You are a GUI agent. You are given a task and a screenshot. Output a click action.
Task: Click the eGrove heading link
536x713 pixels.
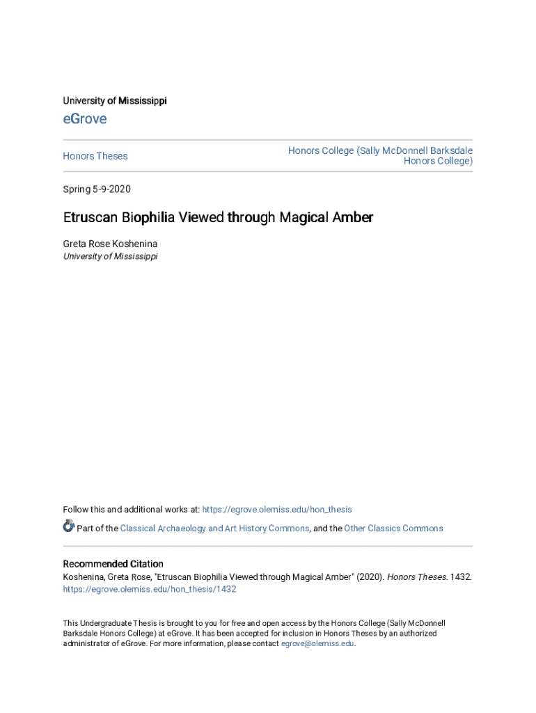(x=85, y=119)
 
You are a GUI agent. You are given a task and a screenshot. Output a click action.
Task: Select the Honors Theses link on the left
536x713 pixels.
(x=95, y=156)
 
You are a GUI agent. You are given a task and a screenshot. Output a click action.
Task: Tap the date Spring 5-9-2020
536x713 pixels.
(x=97, y=189)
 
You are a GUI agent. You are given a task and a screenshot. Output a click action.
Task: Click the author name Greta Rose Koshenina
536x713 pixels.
(x=111, y=244)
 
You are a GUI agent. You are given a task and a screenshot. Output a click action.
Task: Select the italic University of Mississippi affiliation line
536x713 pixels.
(x=110, y=256)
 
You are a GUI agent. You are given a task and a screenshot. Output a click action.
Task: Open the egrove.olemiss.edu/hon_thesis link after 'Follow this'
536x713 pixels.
(x=276, y=510)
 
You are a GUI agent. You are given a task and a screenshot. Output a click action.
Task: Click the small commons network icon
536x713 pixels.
(x=68, y=526)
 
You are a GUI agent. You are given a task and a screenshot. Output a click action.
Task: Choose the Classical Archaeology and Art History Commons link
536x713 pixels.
(x=214, y=528)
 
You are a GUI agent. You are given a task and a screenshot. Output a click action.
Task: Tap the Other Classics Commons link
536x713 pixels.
(x=393, y=528)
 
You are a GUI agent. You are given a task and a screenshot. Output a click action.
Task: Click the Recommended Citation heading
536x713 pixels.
(x=113, y=564)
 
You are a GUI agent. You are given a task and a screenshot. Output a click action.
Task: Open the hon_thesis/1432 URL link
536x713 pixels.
(x=150, y=589)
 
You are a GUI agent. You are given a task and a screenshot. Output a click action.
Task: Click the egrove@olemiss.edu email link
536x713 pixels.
(x=317, y=644)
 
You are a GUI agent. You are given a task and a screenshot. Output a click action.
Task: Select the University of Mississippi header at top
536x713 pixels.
(x=115, y=101)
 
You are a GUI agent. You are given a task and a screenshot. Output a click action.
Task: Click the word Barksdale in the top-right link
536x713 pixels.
(x=448, y=150)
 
